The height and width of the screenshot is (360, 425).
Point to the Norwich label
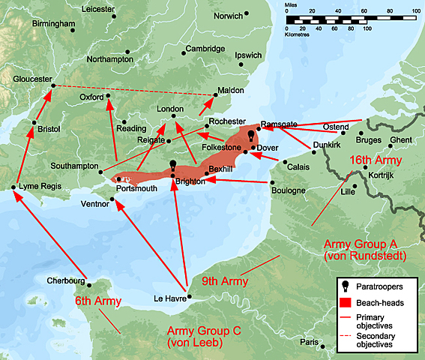[227, 15]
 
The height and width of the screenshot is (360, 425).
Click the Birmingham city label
[54, 24]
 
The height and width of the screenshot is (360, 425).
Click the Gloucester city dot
[52, 85]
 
